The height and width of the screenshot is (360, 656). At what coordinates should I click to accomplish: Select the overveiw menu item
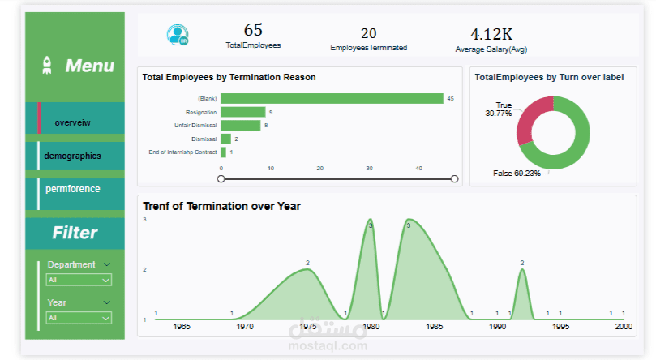tap(73, 122)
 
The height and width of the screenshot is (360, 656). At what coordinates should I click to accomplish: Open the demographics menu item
tap(73, 156)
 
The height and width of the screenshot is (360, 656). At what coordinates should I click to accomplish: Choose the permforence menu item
tap(73, 189)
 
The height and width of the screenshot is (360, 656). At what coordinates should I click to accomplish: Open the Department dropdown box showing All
tap(79, 280)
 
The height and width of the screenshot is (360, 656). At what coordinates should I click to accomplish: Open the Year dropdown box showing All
tap(79, 318)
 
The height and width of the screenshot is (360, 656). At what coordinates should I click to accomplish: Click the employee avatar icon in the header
tap(177, 35)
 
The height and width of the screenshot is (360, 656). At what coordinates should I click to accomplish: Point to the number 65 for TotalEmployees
tap(253, 30)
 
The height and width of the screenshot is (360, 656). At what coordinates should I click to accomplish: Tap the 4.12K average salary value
tap(491, 34)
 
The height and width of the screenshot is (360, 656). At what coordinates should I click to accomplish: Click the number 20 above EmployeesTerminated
tap(369, 33)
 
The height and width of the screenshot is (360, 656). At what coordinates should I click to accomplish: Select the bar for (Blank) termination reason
tap(332, 98)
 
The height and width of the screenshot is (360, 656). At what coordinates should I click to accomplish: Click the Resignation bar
tap(242, 112)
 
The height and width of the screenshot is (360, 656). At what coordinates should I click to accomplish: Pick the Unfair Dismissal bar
tap(240, 125)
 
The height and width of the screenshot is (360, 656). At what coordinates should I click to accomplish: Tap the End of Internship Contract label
tap(182, 152)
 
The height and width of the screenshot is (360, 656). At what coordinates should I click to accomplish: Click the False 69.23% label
tap(517, 174)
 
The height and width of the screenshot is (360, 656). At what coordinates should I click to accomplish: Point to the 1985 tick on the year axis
tap(435, 326)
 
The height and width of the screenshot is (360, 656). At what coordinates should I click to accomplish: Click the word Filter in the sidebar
tap(75, 233)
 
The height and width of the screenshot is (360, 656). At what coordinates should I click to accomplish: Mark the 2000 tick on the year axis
tap(623, 326)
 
